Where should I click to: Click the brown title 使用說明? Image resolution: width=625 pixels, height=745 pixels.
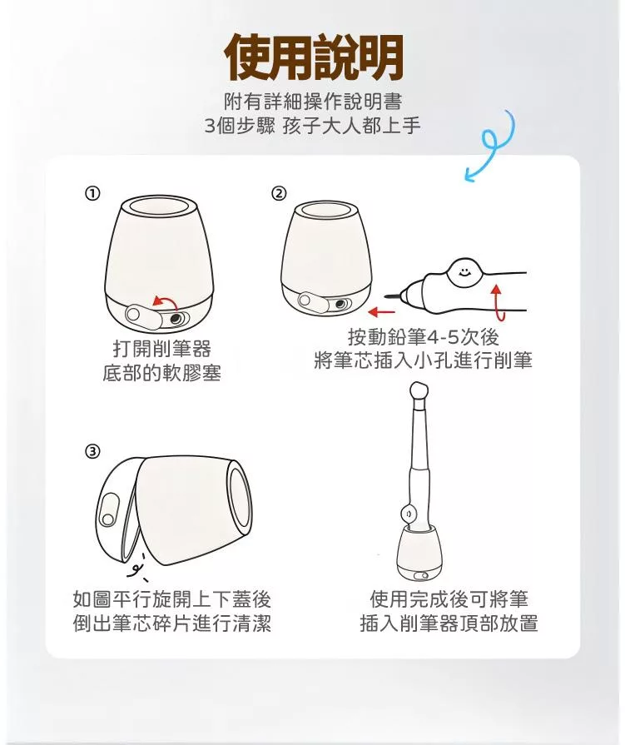pos(314,57)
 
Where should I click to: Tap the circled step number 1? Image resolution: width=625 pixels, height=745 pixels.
pos(92,193)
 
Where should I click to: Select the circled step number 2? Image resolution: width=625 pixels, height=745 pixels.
pos(279,193)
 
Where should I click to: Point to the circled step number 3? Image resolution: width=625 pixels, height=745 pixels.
pos(92,451)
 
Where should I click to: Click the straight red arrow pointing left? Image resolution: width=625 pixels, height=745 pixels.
pos(382,312)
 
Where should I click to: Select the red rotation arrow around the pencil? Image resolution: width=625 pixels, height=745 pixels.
pos(497,302)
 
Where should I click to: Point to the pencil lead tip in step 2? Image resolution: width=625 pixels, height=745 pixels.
pos(391,297)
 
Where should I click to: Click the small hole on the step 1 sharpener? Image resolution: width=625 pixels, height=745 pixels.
pos(174,320)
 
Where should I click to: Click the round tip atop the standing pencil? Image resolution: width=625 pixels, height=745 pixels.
pos(419,390)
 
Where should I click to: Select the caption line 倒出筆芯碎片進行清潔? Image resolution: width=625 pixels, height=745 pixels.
pos(172,623)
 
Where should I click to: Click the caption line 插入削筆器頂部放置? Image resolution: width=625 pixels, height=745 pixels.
pos(449,623)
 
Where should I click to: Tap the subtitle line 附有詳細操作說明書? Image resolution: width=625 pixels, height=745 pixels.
pos(314,101)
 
